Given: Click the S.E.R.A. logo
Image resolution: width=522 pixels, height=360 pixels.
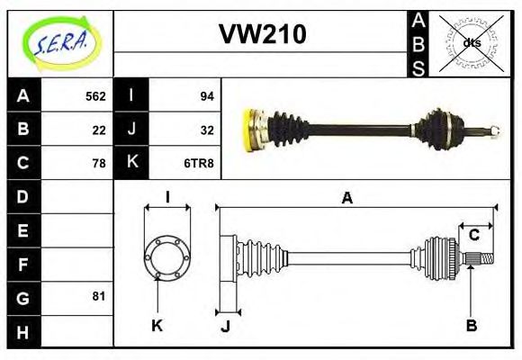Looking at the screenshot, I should (x=59, y=42).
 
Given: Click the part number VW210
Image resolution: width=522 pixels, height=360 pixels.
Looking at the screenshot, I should (x=263, y=34).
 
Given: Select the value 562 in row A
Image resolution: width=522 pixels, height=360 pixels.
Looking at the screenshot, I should (x=95, y=96).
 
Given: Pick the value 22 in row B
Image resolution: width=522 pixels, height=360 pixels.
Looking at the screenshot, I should (x=99, y=130).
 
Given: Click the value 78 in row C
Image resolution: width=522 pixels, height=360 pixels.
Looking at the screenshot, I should (x=99, y=163).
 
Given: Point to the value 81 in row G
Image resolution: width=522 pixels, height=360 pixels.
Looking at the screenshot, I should (x=99, y=296).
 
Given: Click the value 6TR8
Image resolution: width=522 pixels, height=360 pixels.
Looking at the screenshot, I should (x=199, y=163).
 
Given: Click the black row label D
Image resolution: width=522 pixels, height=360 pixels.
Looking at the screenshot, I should (x=23, y=196).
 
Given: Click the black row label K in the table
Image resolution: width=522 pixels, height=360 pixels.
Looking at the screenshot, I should (x=132, y=163).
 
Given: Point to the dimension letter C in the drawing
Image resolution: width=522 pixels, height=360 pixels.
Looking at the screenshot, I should (x=473, y=236).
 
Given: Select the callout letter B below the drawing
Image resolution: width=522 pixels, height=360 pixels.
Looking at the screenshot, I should (x=471, y=324).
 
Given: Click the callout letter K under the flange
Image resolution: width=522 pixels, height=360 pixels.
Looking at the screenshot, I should (x=157, y=324).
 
